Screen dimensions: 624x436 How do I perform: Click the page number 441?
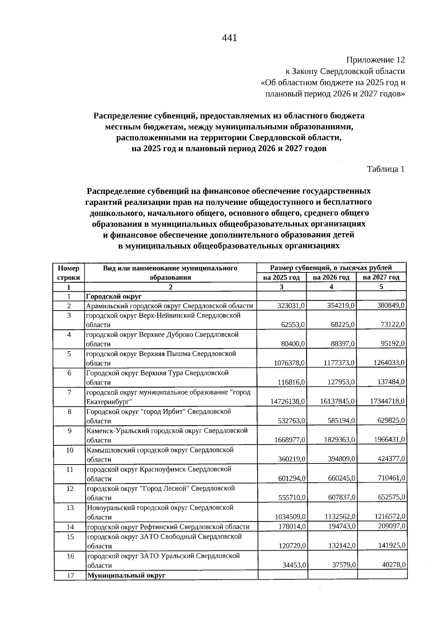click(229, 38)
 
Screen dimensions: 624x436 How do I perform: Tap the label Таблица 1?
click(385, 169)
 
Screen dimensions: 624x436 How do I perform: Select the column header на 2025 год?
click(281, 277)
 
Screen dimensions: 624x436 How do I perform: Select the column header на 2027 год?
click(381, 277)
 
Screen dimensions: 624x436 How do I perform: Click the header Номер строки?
click(69, 273)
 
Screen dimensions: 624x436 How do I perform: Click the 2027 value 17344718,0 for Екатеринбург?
click(387, 401)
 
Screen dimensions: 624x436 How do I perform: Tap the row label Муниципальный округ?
click(126, 576)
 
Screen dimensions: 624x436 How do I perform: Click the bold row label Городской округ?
click(113, 297)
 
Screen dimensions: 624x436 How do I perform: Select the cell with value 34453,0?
click(294, 566)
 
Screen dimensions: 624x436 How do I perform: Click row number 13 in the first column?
click(70, 508)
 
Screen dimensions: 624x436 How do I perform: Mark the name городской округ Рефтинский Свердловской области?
click(168, 527)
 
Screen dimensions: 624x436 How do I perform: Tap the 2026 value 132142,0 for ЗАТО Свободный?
click(341, 546)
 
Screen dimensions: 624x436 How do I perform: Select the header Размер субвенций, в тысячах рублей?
click(331, 268)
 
